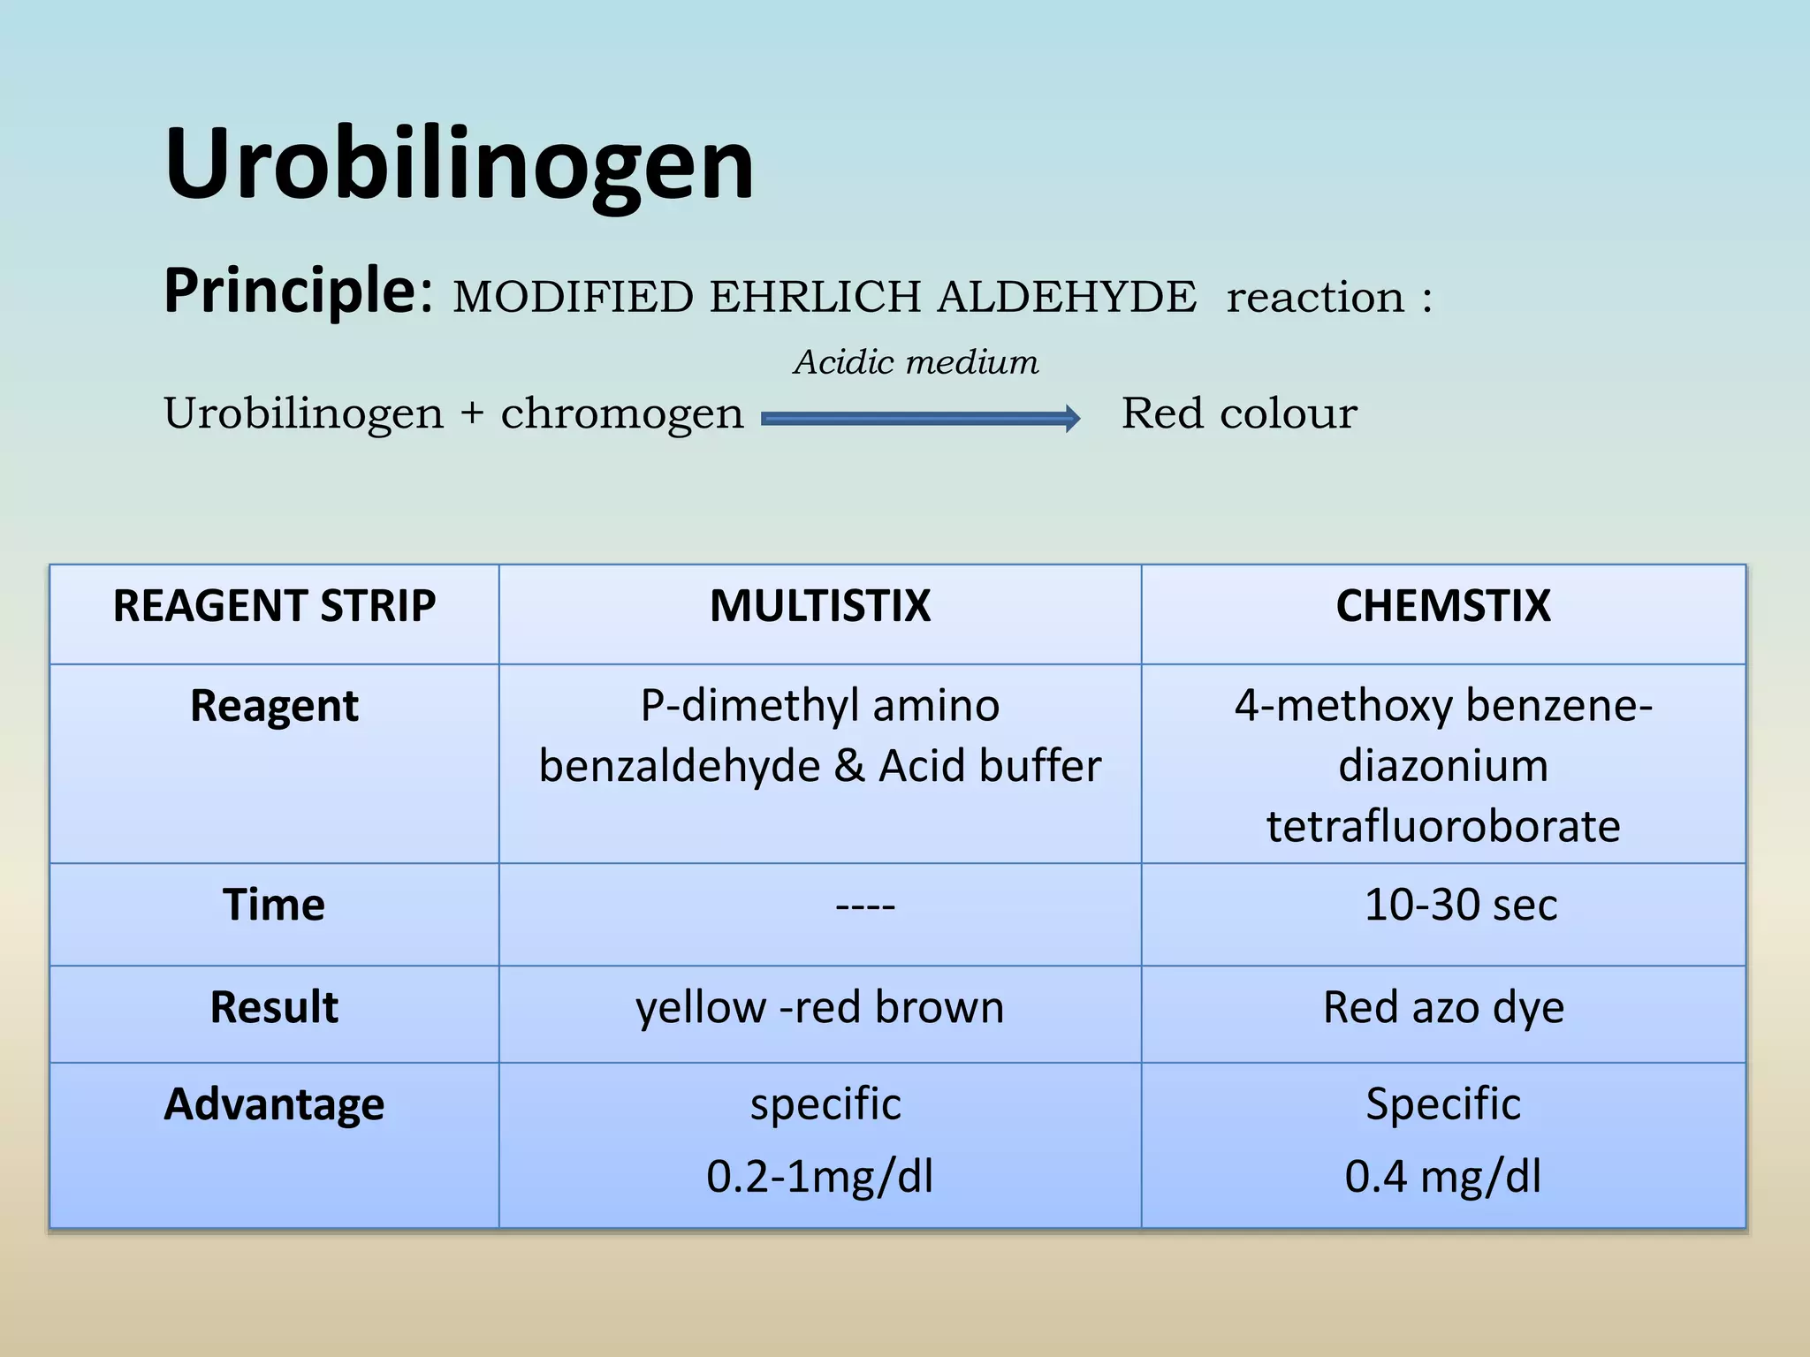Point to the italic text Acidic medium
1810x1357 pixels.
[x=916, y=362]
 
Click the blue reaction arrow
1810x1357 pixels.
[x=920, y=418]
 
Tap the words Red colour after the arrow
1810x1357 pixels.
[x=1239, y=413]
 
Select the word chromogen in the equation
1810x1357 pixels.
[x=622, y=413]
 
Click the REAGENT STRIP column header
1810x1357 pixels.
[x=274, y=607]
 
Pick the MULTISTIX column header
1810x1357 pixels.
[x=819, y=607]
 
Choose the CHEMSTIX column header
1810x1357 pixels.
[x=1442, y=607]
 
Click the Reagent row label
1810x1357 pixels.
[x=274, y=706]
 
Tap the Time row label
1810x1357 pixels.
[x=274, y=905]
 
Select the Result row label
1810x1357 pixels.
[x=274, y=1007]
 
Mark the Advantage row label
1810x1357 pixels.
[x=274, y=1104]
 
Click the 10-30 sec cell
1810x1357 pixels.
[x=1460, y=905]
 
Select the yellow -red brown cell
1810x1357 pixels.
[x=819, y=1007]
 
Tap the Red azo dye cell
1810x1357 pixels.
[x=1442, y=1007]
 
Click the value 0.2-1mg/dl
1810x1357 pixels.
[x=819, y=1177]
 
